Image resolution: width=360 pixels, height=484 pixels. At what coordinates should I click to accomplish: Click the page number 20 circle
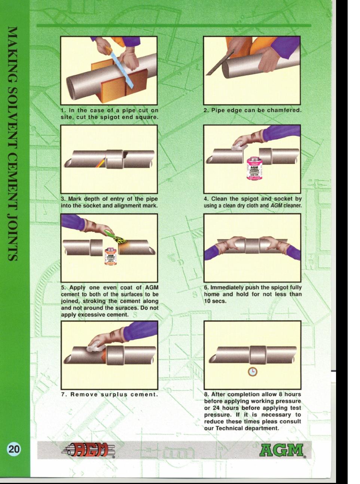pyautogui.click(x=14, y=449)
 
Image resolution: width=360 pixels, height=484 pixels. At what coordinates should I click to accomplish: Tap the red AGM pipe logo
pyautogui.click(x=88, y=450)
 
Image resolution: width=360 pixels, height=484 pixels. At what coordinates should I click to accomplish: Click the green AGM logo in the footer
pyautogui.click(x=282, y=450)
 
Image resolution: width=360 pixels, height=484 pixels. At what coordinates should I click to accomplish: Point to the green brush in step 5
pyautogui.click(x=115, y=236)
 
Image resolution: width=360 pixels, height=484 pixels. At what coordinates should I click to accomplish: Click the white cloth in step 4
pyautogui.click(x=239, y=147)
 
